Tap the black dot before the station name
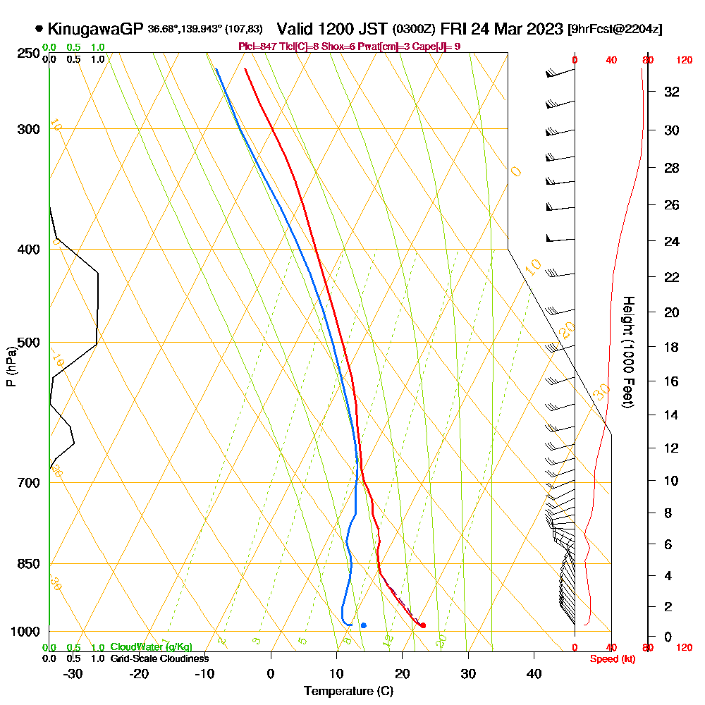(39, 30)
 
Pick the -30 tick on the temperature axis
(73, 674)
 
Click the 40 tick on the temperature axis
(534, 674)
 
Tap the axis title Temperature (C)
(348, 692)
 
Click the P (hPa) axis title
(11, 367)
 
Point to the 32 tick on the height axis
(672, 92)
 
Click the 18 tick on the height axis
(672, 347)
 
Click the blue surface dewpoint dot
(363, 625)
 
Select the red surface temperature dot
(422, 625)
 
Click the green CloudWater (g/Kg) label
(151, 647)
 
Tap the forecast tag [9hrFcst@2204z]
(615, 30)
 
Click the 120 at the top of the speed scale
(683, 61)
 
